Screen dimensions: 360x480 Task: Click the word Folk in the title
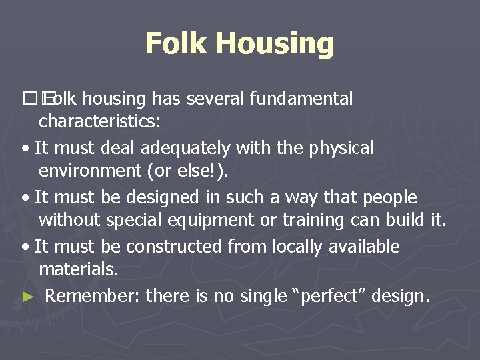[x=176, y=43]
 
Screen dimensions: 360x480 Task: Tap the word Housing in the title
[x=275, y=45]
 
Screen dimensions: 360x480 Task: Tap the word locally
[x=297, y=247]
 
